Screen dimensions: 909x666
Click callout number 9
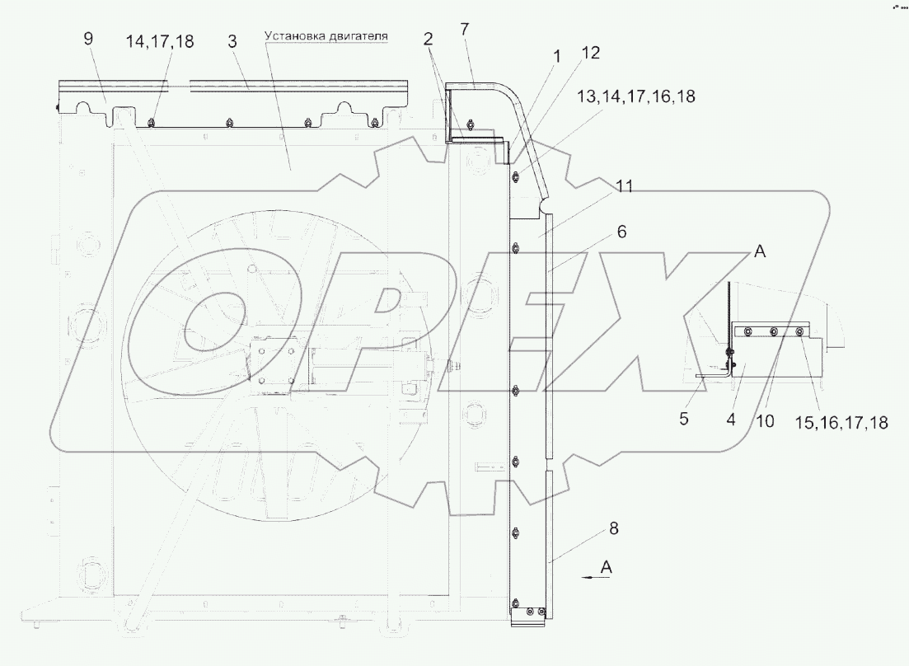(x=88, y=39)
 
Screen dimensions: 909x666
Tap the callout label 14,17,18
(x=160, y=42)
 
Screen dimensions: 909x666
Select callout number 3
(x=232, y=41)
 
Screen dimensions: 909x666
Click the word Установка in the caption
(x=293, y=36)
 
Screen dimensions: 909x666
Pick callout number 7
(x=464, y=29)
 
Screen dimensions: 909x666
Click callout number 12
(x=590, y=53)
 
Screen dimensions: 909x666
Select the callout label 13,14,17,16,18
(x=636, y=96)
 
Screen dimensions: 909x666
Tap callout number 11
(x=625, y=186)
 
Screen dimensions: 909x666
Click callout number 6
(x=621, y=232)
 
